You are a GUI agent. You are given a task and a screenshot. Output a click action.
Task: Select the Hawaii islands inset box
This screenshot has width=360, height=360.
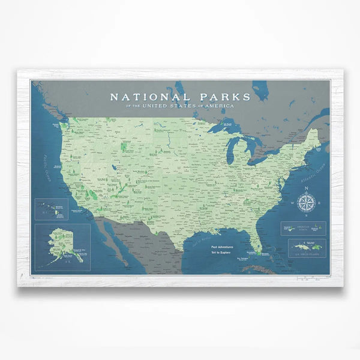[x=52, y=209]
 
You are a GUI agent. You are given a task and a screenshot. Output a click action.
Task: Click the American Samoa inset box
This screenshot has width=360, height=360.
[x=303, y=228]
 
